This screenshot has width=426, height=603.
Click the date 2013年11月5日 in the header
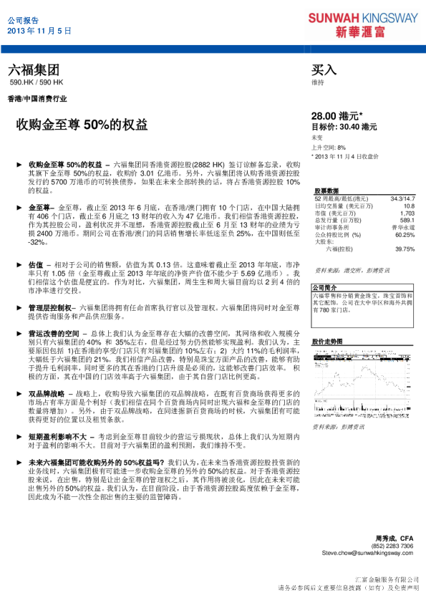(40, 32)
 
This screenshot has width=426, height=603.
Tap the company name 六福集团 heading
(34, 70)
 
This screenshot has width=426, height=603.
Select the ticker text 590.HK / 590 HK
(37, 83)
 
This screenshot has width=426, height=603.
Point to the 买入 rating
(324, 70)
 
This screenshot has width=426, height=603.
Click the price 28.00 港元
(337, 115)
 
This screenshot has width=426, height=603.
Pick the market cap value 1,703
(407, 213)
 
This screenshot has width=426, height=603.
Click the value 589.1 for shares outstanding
(407, 221)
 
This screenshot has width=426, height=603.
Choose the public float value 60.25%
(405, 235)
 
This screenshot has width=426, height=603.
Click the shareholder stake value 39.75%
(405, 249)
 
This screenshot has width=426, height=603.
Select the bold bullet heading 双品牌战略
(47, 393)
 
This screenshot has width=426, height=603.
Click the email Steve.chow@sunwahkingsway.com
(367, 553)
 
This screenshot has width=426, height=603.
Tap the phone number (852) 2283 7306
(393, 546)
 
